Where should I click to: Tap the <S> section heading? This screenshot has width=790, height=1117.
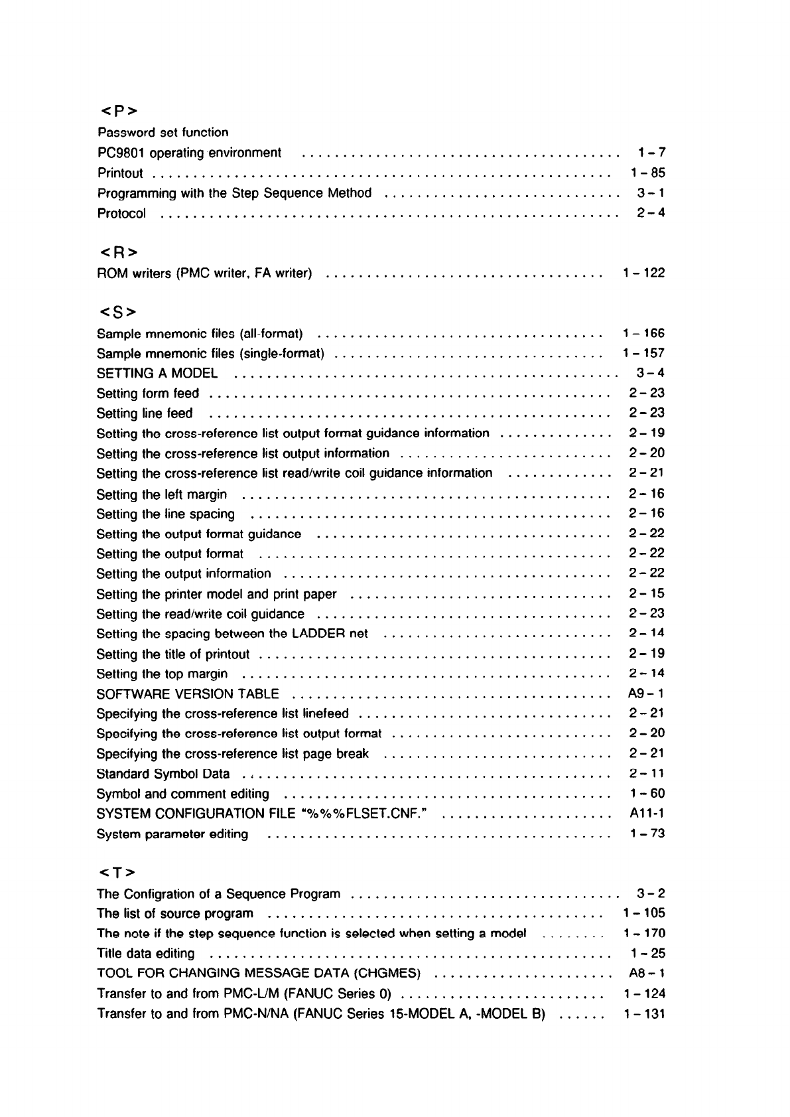(117, 311)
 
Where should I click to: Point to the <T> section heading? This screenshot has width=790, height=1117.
(117, 871)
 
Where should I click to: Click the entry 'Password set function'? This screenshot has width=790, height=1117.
(163, 133)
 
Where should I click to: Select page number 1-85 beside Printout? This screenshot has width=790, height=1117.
(647, 173)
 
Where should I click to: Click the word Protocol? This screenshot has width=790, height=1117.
(121, 214)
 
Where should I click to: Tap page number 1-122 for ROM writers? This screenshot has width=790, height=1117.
(643, 273)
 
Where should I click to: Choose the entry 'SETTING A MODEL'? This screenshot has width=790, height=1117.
(157, 374)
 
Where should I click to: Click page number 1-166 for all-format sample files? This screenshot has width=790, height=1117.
(643, 333)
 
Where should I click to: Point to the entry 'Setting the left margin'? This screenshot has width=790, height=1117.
(161, 494)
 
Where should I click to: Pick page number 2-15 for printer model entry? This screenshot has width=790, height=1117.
(647, 594)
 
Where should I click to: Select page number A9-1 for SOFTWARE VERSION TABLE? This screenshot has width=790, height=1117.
(646, 694)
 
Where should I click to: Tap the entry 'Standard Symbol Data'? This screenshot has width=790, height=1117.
(163, 774)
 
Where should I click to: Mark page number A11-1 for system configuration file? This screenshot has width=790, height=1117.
(647, 814)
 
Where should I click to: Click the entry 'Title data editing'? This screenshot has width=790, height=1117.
(146, 954)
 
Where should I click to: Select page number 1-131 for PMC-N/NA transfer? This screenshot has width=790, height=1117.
(644, 1014)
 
